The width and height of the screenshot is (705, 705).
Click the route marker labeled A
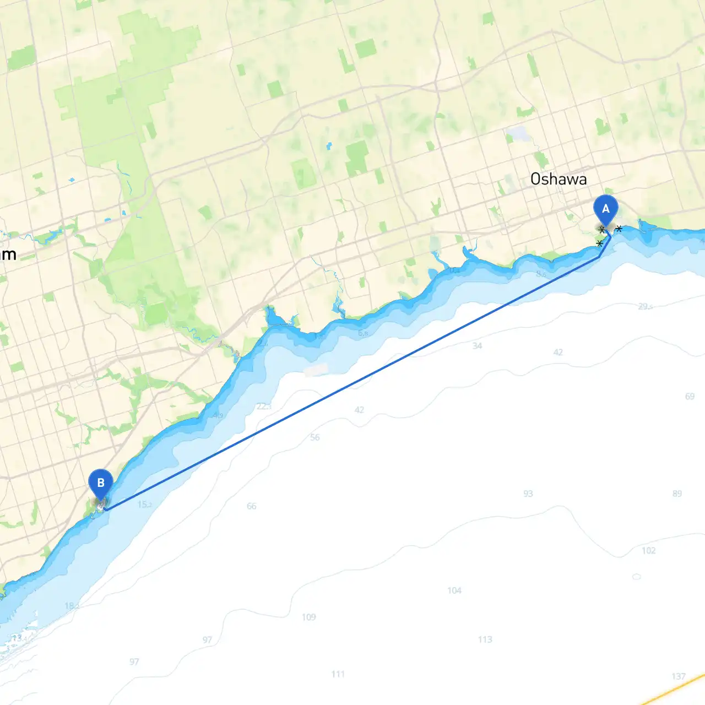point(606,210)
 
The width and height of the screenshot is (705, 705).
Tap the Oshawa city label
point(558,179)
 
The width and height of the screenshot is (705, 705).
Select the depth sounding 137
point(679,676)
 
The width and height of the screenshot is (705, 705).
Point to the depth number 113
point(485,639)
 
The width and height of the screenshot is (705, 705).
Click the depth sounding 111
point(338,674)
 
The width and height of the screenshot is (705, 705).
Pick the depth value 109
point(308,617)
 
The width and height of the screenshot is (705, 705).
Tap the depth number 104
point(454,590)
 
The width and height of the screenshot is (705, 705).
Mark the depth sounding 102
point(648,550)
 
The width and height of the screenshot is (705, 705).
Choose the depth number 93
point(528,493)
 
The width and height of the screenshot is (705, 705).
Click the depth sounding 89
point(677,493)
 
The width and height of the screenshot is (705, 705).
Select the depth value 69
point(690,397)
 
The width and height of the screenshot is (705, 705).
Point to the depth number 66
point(251,506)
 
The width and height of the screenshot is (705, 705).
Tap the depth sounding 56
point(314,437)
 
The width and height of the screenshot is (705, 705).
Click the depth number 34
point(477,346)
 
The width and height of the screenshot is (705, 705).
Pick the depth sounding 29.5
point(645,306)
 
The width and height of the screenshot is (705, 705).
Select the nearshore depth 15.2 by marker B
point(145,505)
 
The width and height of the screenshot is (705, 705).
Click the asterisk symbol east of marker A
point(619,229)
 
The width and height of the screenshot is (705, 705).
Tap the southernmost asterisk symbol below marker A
point(599,243)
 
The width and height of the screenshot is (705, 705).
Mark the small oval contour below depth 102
point(637,577)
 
